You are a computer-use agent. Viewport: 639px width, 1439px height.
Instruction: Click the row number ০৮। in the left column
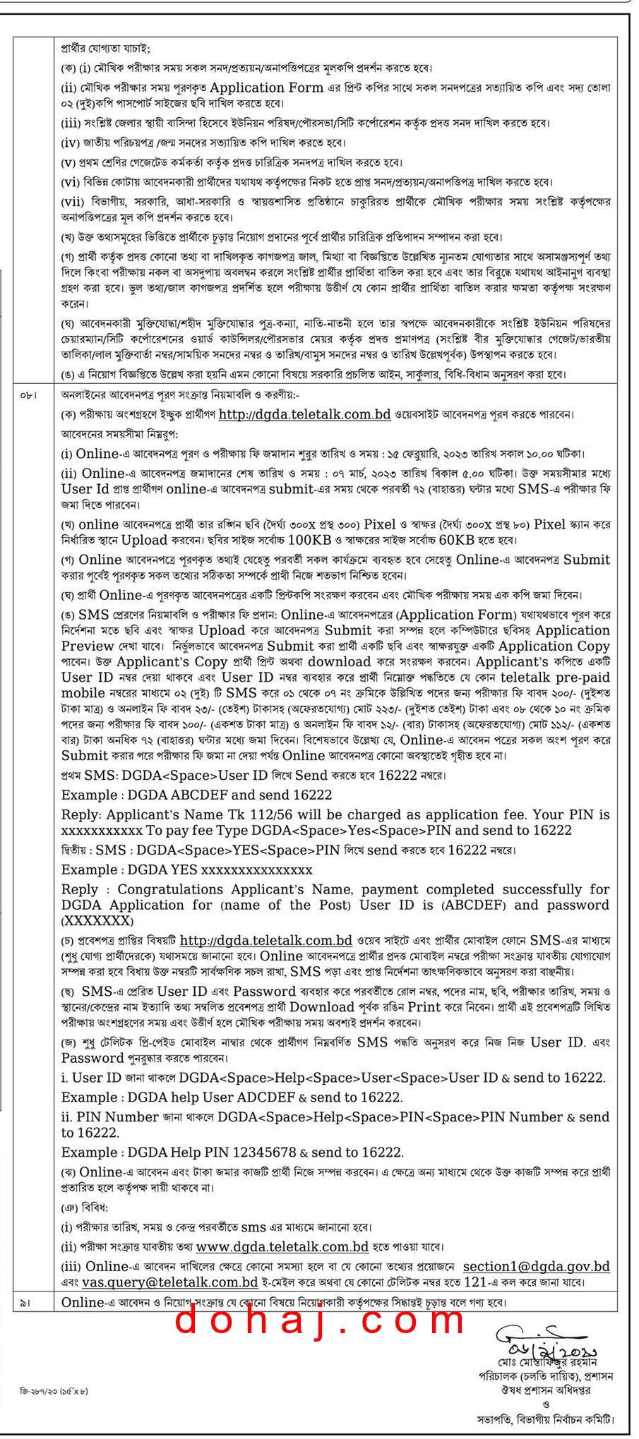tap(28, 396)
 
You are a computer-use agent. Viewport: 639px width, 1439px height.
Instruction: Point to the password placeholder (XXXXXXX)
tap(97, 921)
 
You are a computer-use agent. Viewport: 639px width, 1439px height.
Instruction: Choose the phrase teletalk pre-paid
tap(555, 678)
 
